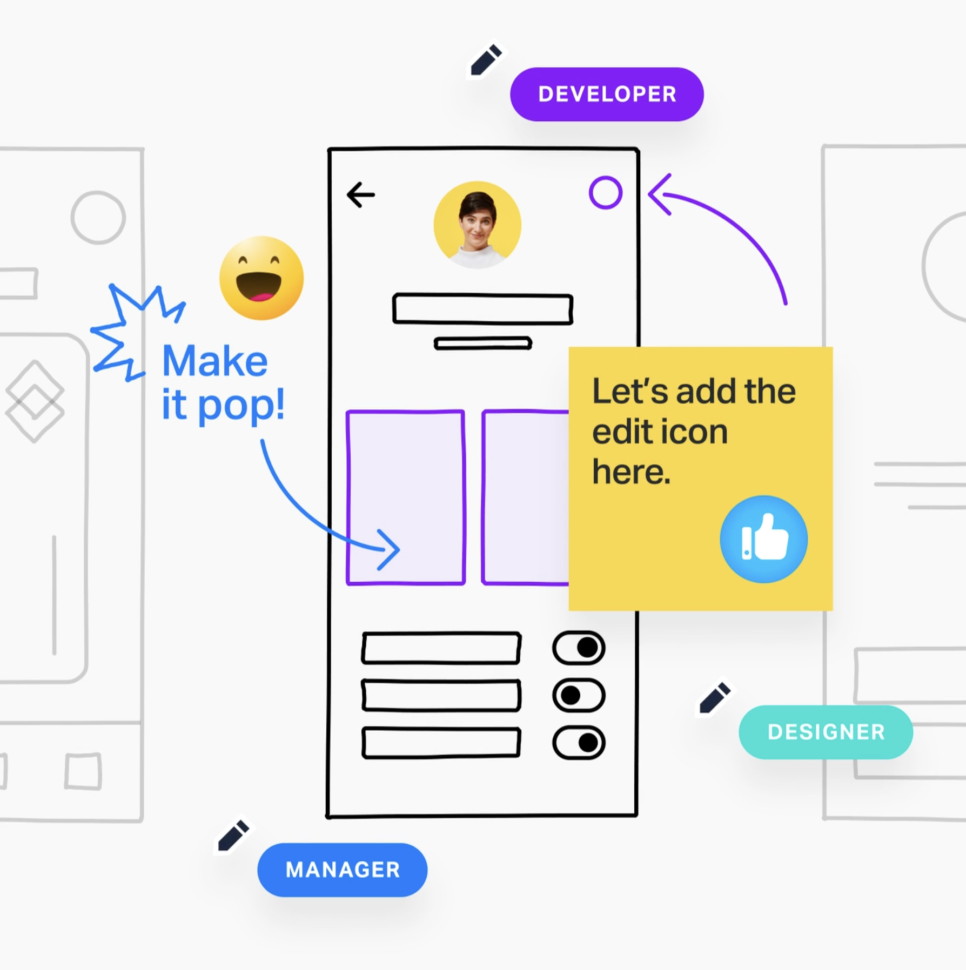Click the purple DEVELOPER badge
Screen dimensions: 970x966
606,95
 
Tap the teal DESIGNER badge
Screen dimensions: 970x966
826,732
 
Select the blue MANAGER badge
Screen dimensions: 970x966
342,870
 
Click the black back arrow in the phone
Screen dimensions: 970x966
360,195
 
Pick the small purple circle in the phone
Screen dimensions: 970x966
605,192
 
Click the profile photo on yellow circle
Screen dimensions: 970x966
477,225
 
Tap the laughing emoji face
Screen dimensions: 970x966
261,278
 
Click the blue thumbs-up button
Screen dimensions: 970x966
763,539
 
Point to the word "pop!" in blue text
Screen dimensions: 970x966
242,406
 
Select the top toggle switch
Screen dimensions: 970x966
579,648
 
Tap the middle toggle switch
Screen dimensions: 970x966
579,695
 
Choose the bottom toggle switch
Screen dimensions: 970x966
579,743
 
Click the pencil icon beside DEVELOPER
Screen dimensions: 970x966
486,59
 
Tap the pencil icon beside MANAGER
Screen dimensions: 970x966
233,836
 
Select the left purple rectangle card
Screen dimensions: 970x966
406,497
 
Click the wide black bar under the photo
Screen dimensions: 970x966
482,309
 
